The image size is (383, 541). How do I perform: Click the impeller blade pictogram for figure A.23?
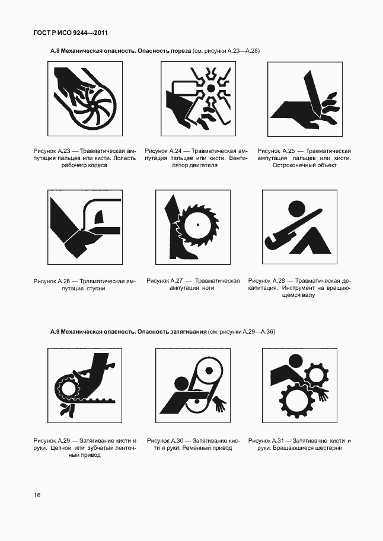point(84,99)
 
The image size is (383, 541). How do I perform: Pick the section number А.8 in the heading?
point(55,52)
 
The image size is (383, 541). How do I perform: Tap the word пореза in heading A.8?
point(179,52)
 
